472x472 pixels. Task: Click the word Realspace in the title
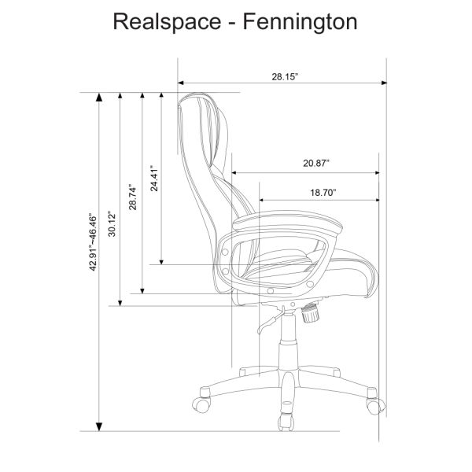click(x=160, y=21)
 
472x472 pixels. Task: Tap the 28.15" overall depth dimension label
click(x=282, y=76)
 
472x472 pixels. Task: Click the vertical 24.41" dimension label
click(x=155, y=179)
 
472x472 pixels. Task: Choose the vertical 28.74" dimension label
click(x=134, y=197)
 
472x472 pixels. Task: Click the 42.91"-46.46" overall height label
click(x=92, y=242)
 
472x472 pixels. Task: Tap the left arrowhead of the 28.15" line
click(x=183, y=82)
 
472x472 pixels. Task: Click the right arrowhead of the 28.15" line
click(x=384, y=82)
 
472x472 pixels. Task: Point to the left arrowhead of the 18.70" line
click(x=262, y=199)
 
